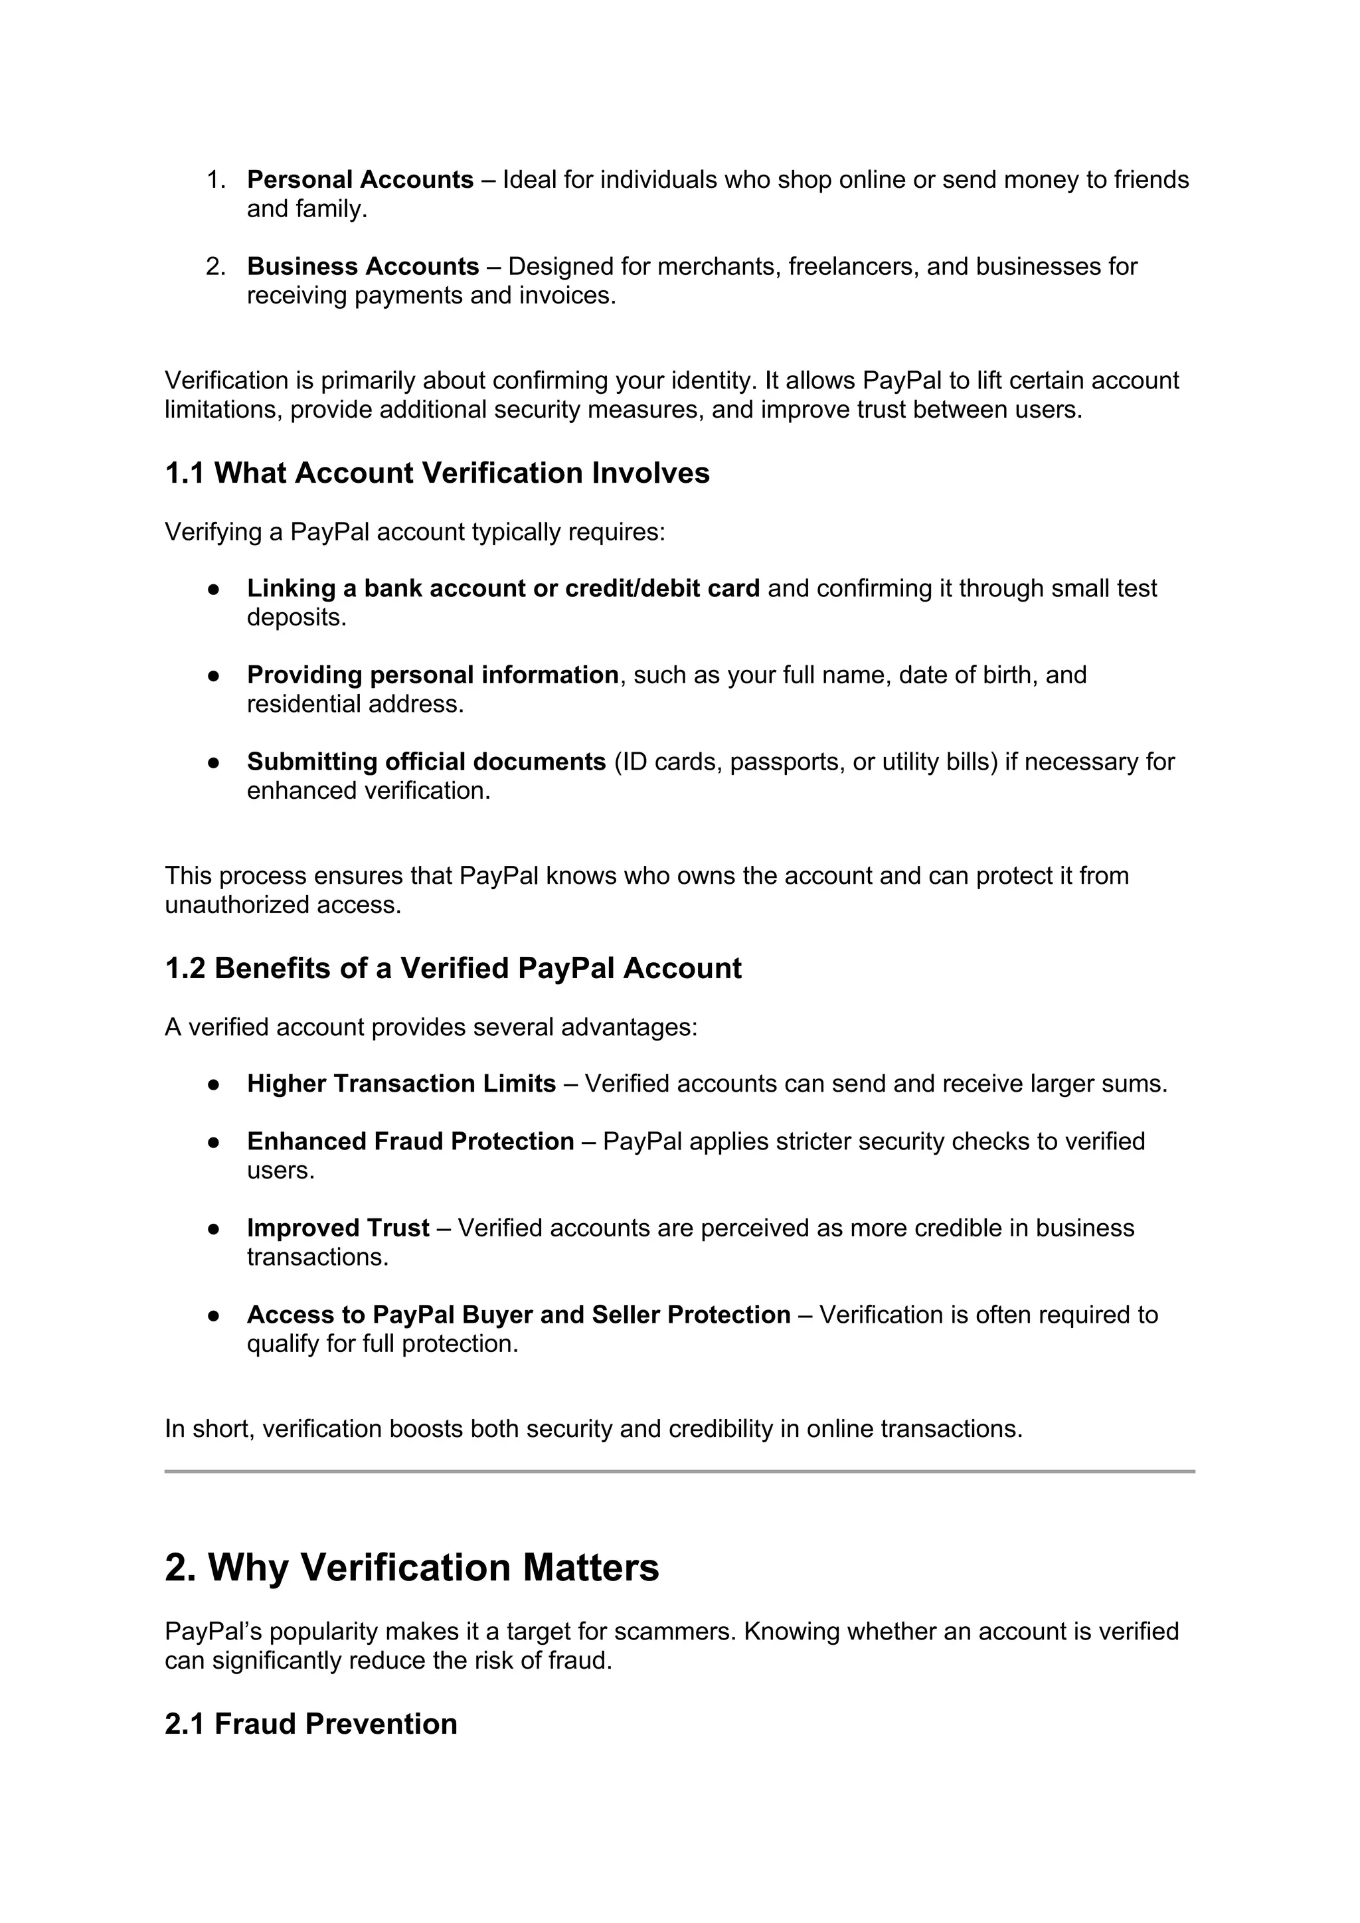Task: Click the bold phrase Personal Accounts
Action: point(360,180)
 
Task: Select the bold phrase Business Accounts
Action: point(363,266)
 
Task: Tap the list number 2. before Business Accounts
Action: point(215,266)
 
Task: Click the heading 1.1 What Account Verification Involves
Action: point(437,473)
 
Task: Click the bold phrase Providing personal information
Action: point(432,675)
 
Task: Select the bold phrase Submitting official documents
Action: point(426,762)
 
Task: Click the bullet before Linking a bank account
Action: point(214,590)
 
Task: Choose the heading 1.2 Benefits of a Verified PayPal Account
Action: point(453,968)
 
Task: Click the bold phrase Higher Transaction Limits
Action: point(401,1084)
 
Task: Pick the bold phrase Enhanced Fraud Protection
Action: point(410,1141)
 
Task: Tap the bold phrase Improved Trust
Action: point(337,1228)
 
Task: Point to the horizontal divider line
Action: point(679,1471)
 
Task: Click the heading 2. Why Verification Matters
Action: point(412,1568)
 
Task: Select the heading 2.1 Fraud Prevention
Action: point(311,1724)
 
